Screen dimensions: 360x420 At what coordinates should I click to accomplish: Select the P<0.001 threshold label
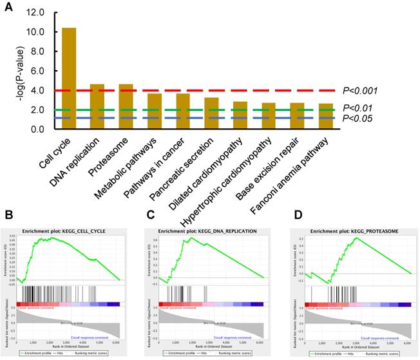coord(360,91)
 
